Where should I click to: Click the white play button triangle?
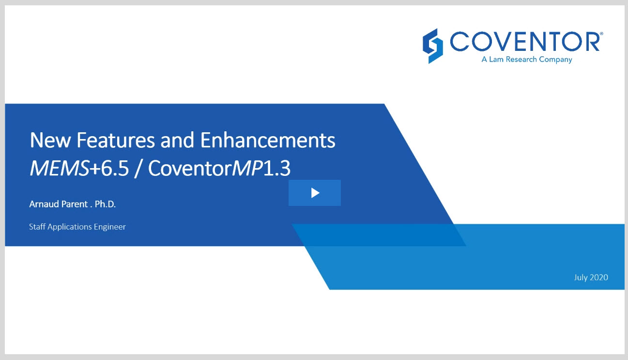pos(315,193)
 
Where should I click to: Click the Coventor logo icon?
pos(432,46)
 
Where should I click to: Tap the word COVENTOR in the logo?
pos(524,42)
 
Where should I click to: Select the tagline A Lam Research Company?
pos(527,60)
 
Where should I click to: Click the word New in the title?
pos(50,140)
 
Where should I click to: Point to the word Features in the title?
pos(115,140)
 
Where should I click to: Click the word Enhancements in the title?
pos(267,140)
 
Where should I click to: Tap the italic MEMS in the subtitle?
pos(60,168)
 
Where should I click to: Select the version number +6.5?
pos(109,168)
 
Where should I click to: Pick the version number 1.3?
pos(277,168)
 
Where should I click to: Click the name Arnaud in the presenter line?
pos(44,204)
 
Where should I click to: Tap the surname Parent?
pos(74,204)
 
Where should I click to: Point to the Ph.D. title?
pos(105,204)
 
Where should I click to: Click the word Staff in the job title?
pos(37,226)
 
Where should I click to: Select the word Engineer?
pos(109,227)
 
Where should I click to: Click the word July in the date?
pos(581,278)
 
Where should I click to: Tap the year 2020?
pos(598,277)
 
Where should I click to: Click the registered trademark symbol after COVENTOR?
pos(601,33)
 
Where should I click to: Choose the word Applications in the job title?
pos(70,227)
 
